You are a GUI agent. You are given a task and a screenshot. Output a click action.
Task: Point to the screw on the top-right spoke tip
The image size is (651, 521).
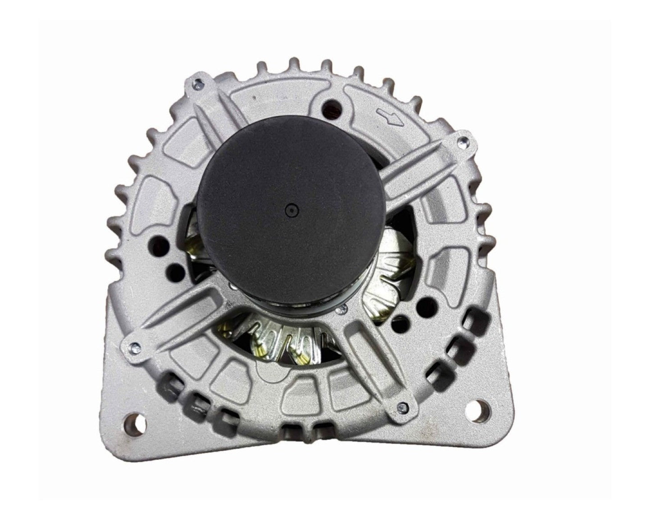(461, 142)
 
